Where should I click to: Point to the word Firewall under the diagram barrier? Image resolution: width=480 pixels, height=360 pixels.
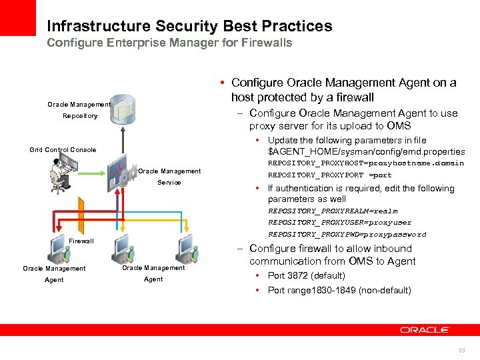tap(81, 241)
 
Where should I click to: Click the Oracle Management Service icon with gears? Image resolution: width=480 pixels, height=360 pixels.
tap(122, 176)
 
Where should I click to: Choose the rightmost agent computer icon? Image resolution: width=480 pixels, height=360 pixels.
tap(185, 248)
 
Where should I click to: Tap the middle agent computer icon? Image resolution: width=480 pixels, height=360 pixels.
tap(125, 248)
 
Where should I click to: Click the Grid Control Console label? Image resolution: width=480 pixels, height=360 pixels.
tap(63, 150)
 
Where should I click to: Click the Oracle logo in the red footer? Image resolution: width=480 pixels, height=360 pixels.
tap(425, 329)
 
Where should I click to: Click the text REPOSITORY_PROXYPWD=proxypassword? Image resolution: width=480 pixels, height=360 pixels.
tap(347, 235)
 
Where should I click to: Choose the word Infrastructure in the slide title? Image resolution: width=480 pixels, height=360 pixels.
tap(99, 27)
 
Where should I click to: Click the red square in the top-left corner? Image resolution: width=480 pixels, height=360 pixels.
tap(17, 17)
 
